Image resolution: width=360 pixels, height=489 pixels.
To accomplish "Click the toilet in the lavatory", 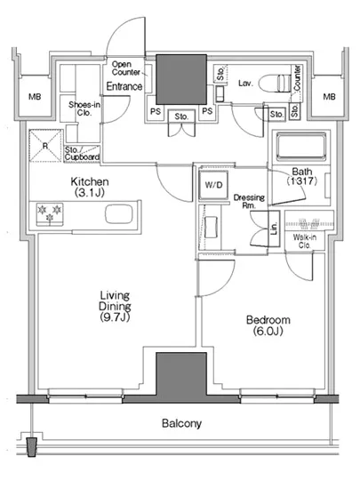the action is pyautogui.click(x=275, y=84).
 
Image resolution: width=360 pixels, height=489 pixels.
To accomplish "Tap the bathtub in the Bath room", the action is pyautogui.click(x=300, y=147).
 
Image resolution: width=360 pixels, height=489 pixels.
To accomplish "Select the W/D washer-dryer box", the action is pyautogui.click(x=213, y=185).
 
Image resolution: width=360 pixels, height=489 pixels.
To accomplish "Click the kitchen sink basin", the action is pyautogui.click(x=119, y=214).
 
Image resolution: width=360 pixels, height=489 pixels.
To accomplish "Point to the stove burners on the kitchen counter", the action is pyautogui.click(x=50, y=213).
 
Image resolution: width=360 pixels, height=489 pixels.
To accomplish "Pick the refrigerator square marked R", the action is pyautogui.click(x=45, y=146).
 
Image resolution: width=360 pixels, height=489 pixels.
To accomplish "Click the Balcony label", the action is pyautogui.click(x=181, y=423).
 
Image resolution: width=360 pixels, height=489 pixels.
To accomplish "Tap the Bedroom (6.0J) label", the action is pyautogui.click(x=268, y=325).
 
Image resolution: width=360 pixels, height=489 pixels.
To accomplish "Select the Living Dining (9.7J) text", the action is pyautogui.click(x=115, y=306).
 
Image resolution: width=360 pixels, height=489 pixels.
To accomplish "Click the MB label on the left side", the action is pyautogui.click(x=35, y=97).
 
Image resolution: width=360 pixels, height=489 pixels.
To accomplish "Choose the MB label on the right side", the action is pyautogui.click(x=329, y=97).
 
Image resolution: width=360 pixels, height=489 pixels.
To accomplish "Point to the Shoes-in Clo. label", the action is pyautogui.click(x=84, y=108).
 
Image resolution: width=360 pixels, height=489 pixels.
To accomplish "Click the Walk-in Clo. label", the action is pyautogui.click(x=305, y=241).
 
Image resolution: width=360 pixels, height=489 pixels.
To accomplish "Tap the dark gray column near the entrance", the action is pyautogui.click(x=181, y=79).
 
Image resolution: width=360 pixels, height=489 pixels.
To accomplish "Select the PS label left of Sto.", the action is pyautogui.click(x=156, y=111).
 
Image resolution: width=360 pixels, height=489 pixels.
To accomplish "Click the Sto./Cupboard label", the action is pyautogui.click(x=82, y=154).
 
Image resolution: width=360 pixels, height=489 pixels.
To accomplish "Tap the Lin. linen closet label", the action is pyautogui.click(x=274, y=228).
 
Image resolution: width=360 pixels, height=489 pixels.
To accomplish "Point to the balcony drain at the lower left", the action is pyautogui.click(x=31, y=446).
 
